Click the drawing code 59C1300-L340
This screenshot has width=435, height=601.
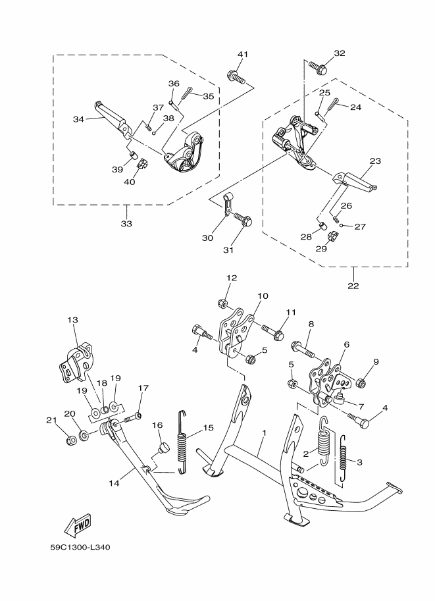point(80,547)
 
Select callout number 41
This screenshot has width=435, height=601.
point(243,55)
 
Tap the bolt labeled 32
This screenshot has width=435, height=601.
point(318,68)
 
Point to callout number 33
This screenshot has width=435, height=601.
point(126,223)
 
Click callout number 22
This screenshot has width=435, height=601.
point(353,286)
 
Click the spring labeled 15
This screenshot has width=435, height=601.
point(183,440)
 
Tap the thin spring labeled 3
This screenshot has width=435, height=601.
point(343,457)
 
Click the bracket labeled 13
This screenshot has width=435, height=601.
point(76,363)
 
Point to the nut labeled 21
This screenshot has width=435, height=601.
point(70,440)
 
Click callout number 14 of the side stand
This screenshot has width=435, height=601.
point(114,483)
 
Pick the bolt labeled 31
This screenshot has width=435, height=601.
point(242,219)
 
